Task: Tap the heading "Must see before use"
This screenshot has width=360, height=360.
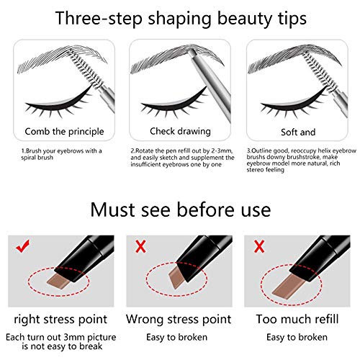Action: [x=180, y=210]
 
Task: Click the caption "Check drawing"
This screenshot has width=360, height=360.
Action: [x=180, y=132]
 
